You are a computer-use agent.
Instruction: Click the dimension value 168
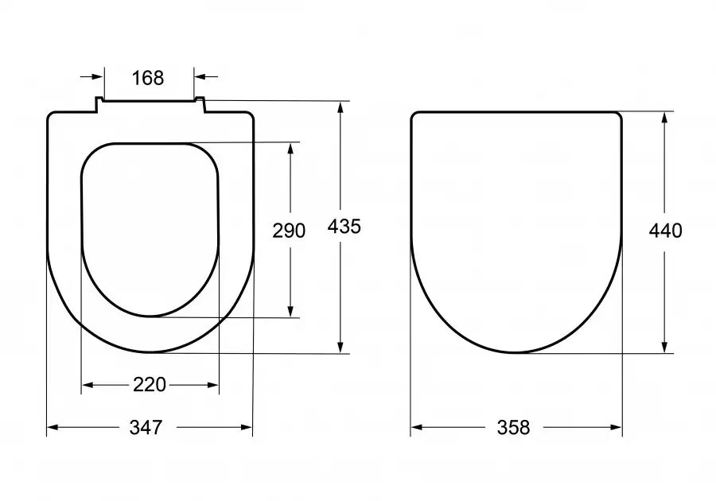point(148,78)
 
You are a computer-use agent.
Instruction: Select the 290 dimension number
point(289,231)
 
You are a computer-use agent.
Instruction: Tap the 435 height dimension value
point(344,227)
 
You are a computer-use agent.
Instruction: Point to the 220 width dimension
point(150,385)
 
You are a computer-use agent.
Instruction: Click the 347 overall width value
point(146,428)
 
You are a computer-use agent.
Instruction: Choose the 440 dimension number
point(666,231)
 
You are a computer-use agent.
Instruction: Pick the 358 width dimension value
point(514,428)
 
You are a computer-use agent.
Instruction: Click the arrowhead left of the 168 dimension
point(98,76)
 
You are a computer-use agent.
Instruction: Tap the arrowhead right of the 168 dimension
point(200,76)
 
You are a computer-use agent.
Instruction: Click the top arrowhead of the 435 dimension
point(340,108)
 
